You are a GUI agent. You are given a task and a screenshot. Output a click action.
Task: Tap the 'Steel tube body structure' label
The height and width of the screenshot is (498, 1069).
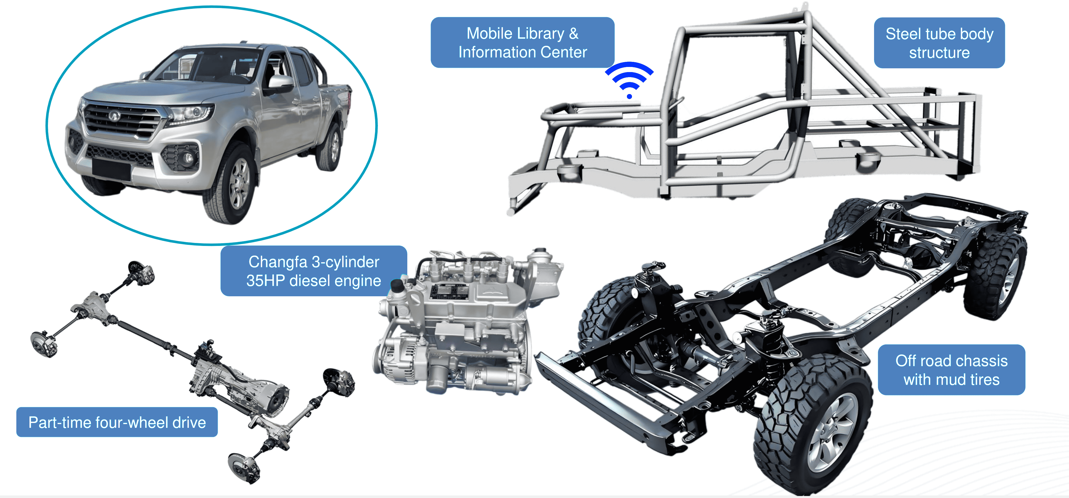939,43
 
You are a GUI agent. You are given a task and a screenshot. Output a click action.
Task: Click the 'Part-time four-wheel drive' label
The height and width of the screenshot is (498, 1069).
117,422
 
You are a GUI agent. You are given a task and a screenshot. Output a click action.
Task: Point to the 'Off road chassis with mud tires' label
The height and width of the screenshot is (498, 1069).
951,370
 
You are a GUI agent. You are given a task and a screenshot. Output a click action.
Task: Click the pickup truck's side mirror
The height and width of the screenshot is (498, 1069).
281,83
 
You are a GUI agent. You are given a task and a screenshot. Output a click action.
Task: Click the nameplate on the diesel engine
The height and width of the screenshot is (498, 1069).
448,291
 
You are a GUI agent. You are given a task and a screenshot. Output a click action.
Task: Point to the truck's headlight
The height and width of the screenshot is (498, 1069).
191,113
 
